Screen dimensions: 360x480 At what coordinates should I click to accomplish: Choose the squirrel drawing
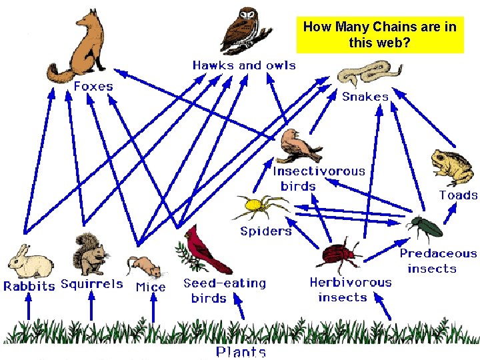click(x=91, y=254)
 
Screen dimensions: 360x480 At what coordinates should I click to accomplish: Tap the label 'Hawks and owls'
click(x=244, y=65)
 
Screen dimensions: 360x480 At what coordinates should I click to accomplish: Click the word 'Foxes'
click(x=93, y=86)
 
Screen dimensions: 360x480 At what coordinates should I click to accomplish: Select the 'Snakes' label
click(x=365, y=97)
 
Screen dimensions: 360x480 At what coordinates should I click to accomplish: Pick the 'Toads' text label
click(x=458, y=195)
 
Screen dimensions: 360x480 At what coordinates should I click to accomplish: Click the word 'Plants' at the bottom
click(x=241, y=352)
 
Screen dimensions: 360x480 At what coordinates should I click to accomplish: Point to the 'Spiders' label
click(x=266, y=231)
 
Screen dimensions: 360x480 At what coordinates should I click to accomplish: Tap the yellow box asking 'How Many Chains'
click(x=379, y=35)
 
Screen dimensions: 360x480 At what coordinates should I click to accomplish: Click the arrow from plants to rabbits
click(x=28, y=308)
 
